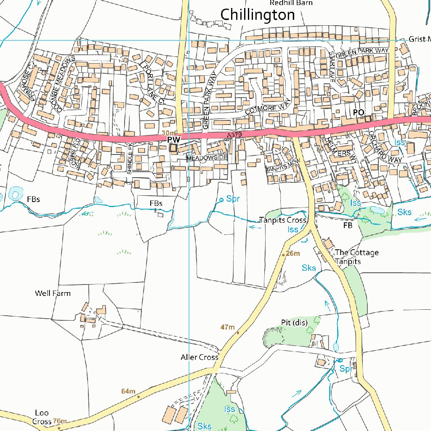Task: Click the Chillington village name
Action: coord(258,15)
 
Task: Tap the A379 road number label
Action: coord(235,135)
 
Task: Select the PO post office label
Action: coord(358,112)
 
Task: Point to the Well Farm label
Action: coord(53,293)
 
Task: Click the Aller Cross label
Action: coord(200,357)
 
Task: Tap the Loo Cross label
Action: coord(42,417)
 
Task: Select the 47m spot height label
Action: coord(227,327)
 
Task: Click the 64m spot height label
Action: coord(128,391)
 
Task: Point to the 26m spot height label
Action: coord(293,253)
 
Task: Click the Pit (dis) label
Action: coord(294,322)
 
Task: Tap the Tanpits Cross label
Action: coord(282,220)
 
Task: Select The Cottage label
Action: coord(357,253)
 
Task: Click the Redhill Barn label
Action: coord(291,3)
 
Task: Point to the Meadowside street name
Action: coord(207,157)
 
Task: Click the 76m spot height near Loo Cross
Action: coord(60,421)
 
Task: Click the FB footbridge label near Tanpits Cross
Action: coord(347,225)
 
